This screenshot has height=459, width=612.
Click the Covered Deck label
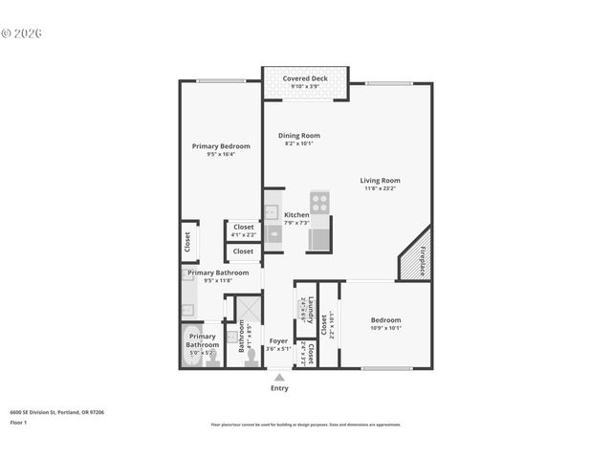(x=306, y=78)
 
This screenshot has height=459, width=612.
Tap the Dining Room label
(x=298, y=136)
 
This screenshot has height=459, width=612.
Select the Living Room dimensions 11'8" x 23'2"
(x=380, y=189)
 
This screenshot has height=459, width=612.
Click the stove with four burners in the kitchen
(x=319, y=203)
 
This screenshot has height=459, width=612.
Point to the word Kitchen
(x=296, y=215)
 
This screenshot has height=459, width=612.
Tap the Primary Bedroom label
(x=221, y=146)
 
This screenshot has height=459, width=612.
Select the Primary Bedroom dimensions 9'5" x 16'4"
(x=221, y=155)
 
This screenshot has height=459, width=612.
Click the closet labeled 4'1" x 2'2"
(x=243, y=230)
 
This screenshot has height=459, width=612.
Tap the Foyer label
(x=278, y=341)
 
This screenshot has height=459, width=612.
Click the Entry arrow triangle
(x=279, y=378)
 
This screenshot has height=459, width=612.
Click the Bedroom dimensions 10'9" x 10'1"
(x=385, y=328)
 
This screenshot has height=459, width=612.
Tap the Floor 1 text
(x=17, y=422)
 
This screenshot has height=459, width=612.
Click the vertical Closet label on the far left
(x=187, y=241)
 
